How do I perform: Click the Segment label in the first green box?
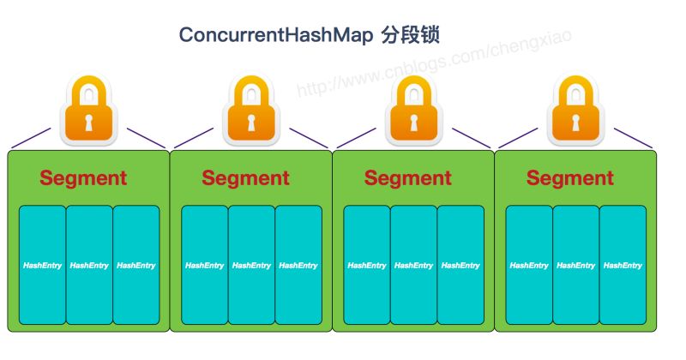click(83, 178)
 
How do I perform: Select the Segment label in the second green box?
click(245, 178)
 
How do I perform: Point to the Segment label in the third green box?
click(407, 178)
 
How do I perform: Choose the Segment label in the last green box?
click(569, 178)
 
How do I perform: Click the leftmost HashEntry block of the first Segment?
click(42, 265)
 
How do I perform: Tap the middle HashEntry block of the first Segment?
click(89, 265)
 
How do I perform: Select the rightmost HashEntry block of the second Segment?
click(298, 265)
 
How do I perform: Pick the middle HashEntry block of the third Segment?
click(413, 265)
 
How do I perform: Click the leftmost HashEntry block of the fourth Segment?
click(529, 265)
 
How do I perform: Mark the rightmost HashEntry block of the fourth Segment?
click(623, 265)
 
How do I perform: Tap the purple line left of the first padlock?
click(30, 138)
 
